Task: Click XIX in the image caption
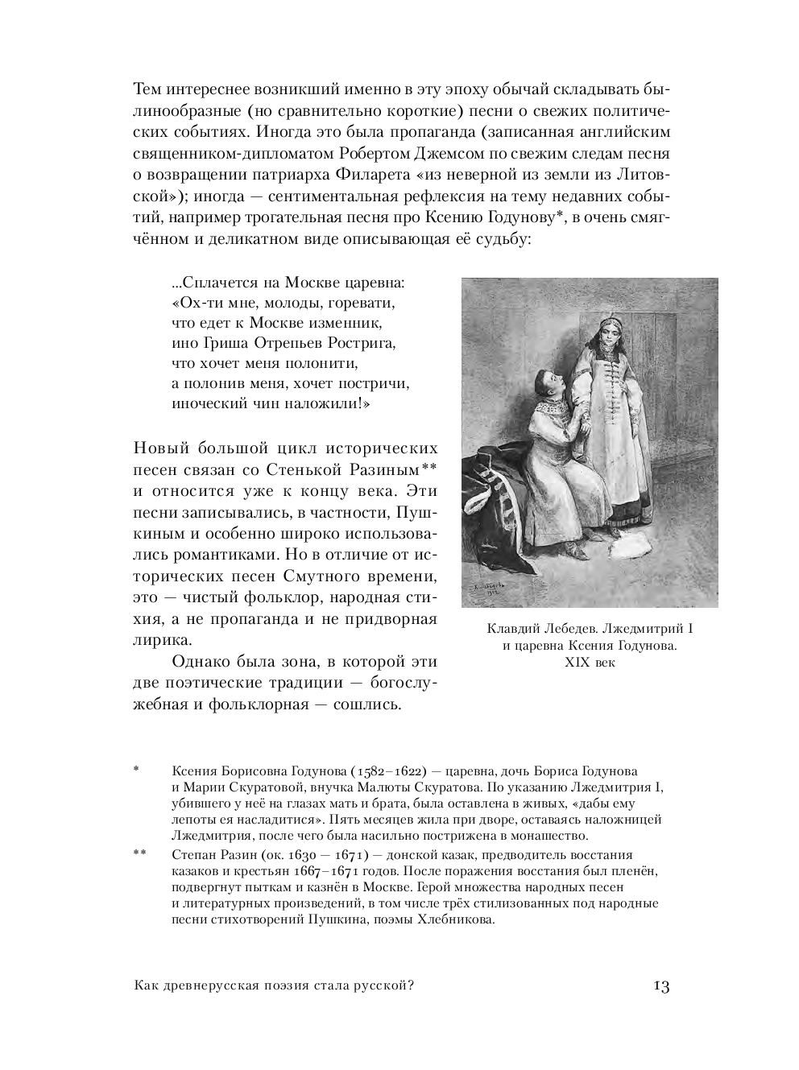(577, 663)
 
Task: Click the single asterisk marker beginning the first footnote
(137, 770)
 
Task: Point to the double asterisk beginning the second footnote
(139, 853)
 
